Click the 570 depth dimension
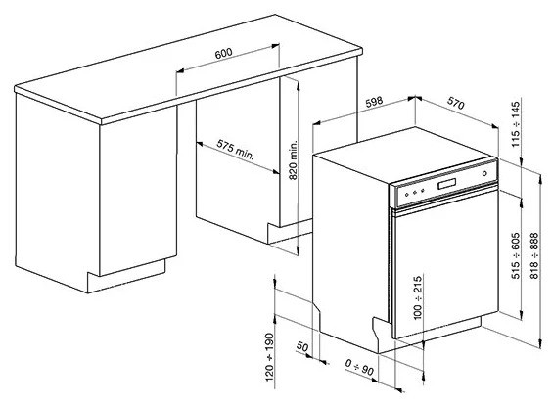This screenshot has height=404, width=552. pos(454,102)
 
